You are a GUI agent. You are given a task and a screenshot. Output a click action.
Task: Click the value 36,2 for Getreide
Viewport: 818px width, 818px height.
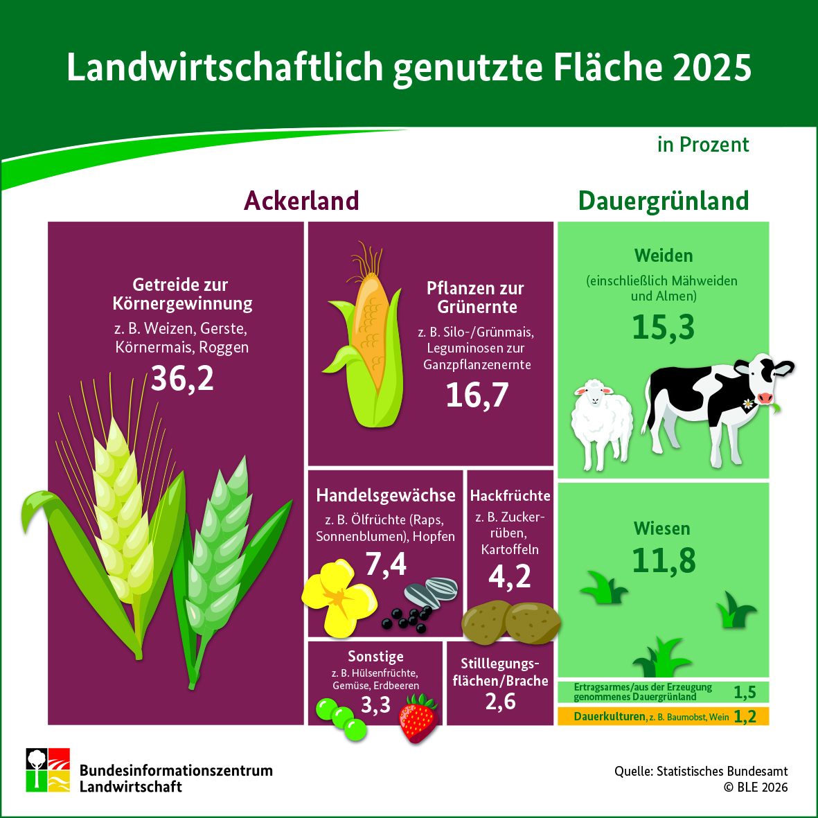pos(182,378)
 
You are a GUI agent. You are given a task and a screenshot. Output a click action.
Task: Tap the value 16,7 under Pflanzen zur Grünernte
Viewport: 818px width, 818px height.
pos(477,395)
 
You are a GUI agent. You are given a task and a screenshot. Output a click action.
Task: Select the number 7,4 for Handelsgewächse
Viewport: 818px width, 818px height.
pos(386,564)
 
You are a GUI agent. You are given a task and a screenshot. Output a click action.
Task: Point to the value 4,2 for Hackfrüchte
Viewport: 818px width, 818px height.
pos(510,576)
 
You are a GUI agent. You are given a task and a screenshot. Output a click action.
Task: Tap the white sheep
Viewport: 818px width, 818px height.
pos(601,419)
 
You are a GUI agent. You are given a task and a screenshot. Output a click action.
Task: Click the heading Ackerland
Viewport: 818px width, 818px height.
pos(301,201)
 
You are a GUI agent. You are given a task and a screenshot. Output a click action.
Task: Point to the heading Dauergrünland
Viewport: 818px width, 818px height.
pos(664,201)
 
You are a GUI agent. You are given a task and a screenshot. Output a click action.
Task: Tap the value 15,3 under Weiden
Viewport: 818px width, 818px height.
pos(663,328)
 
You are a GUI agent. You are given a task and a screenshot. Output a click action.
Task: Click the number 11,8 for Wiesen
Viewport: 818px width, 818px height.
pos(664,561)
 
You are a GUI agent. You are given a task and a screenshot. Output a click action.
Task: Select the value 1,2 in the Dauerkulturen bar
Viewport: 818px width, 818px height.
pos(745,716)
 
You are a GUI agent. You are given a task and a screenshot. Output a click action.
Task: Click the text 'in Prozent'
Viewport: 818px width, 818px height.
pos(703,144)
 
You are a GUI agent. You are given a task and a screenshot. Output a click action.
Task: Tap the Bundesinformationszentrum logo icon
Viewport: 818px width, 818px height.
pos(48,770)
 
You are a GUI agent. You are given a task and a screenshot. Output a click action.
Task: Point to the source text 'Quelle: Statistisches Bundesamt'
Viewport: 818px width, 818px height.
pos(701,771)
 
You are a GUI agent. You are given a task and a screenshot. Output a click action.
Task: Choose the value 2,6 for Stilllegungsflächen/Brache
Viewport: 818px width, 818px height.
pos(500,702)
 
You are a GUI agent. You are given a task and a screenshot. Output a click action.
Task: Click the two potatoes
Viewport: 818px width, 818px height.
pos(511,621)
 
